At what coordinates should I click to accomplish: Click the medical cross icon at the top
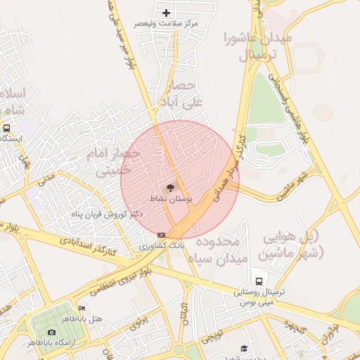pos(167,13)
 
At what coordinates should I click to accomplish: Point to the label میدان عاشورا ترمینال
pos(257,45)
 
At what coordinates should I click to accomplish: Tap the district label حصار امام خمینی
pos(108,160)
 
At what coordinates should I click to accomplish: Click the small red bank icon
pos(162,234)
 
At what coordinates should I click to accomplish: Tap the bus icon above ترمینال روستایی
pos(259,281)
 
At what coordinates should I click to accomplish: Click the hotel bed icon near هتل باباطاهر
pos(82,308)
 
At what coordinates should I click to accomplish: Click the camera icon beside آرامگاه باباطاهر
pos(51,332)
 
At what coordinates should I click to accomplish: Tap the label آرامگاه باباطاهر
pos(52,342)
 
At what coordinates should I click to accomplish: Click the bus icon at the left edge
pos(6,128)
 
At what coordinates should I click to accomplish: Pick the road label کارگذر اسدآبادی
pos(89,247)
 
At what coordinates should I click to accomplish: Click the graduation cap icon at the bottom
pos(244,348)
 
